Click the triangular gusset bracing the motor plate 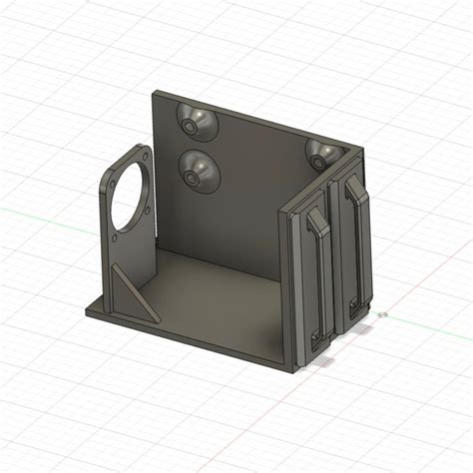(130, 290)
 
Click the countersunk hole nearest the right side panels (323, 152)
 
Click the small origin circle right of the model (383, 314)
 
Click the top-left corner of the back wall (152, 93)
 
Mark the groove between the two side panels (334, 259)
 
